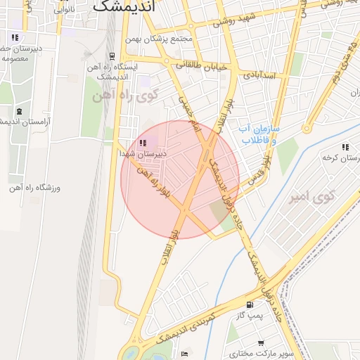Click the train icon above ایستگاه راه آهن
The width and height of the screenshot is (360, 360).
(112, 56)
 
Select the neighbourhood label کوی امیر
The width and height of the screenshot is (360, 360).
(310, 197)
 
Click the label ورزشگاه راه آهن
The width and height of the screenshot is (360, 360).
(35, 188)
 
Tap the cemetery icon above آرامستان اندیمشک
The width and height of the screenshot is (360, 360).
(18, 111)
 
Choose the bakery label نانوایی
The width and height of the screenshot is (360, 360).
(65, 10)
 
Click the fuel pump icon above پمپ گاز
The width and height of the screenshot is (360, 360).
(250, 304)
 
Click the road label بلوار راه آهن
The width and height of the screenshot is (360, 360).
(155, 182)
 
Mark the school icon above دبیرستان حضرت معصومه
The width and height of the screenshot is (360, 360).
(14, 37)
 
